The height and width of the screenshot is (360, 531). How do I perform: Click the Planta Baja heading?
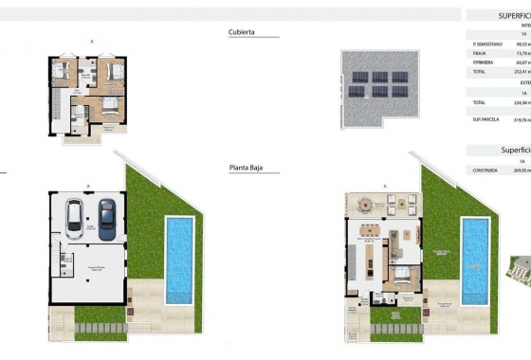246,168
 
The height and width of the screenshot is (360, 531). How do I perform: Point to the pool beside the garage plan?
179,260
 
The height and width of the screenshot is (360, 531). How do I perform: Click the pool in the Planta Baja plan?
476,260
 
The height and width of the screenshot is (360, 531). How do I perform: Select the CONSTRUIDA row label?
485,171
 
